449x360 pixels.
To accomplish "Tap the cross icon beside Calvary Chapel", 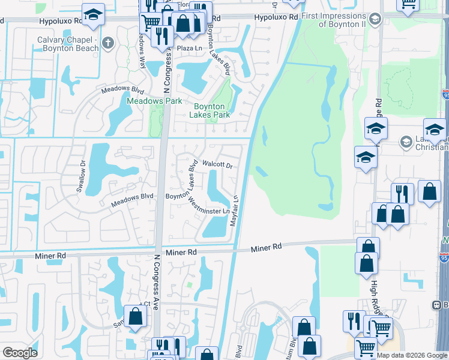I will point(108,43).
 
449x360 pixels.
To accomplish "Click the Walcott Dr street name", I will point(217,163).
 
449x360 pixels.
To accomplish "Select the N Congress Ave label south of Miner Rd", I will point(155,281).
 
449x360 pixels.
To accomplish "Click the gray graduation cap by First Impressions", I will point(376,19).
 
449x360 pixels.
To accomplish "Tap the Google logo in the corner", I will point(20,353).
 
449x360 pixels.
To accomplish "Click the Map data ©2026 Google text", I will point(411,355).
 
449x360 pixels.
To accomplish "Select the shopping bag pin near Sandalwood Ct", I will point(136,316).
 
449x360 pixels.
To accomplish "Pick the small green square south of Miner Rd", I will point(190,285).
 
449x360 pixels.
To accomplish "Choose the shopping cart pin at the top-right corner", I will point(408,5).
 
